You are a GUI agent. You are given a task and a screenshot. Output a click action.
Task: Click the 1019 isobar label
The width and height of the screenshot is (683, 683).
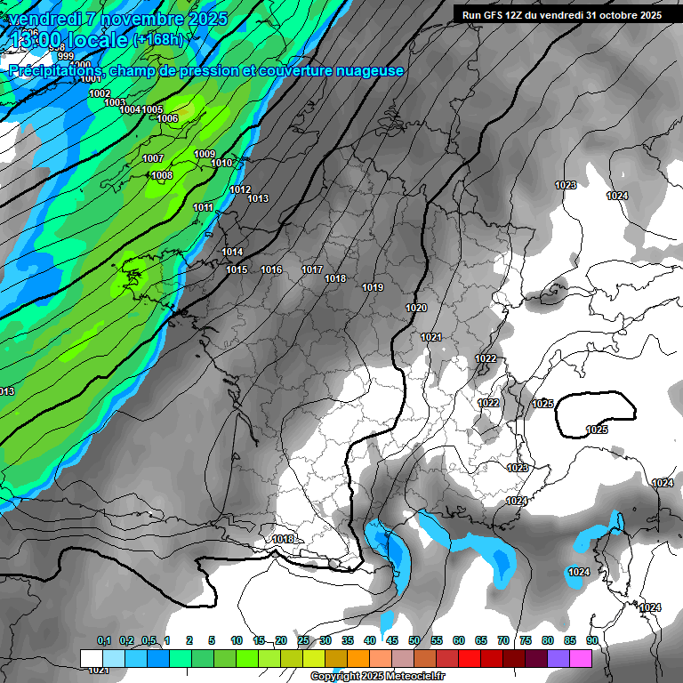tap(373, 287)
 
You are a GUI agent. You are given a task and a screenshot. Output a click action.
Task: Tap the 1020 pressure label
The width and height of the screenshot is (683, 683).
tap(416, 308)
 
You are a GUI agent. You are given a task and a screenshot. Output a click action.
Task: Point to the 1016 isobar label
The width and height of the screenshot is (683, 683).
tap(271, 269)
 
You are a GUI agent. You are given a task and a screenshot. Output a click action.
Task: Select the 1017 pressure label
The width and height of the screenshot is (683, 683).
tap(312, 269)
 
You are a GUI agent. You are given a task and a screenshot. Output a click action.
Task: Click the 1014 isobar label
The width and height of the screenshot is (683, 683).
tap(233, 252)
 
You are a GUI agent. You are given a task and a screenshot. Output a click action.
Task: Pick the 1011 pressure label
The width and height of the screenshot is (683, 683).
tap(204, 207)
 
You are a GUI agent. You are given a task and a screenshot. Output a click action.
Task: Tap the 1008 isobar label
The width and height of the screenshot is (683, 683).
tap(162, 175)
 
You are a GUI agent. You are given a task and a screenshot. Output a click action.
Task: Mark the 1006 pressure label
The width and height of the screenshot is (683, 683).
tap(167, 118)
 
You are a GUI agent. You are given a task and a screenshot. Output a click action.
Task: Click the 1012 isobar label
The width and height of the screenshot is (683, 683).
tap(240, 189)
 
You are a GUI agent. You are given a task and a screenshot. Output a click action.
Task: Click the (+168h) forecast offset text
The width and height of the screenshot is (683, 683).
tap(158, 39)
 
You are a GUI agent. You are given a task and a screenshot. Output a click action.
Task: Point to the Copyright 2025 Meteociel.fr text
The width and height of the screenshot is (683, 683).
tap(377, 677)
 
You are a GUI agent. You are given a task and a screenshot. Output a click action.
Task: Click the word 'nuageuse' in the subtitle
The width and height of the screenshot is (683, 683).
tap(366, 70)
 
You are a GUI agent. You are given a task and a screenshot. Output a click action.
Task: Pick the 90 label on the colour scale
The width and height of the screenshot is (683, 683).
tap(591, 640)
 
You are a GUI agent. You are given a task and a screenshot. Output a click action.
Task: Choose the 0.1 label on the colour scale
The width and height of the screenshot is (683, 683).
tap(104, 640)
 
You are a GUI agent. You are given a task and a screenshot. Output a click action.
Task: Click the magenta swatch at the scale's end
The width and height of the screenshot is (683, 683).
tap(581, 658)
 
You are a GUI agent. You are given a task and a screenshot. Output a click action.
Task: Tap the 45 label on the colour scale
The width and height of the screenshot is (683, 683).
tap(392, 640)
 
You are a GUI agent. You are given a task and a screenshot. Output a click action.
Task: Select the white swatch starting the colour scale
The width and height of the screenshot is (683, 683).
tap(91, 658)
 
